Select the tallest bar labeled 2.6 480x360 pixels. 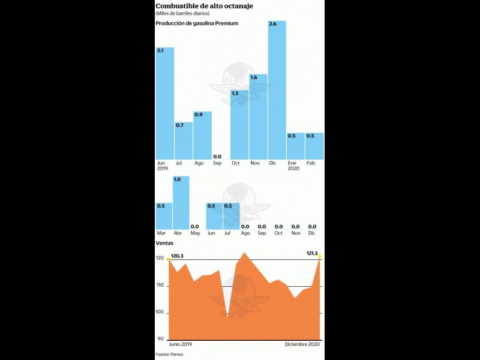tap(277, 90)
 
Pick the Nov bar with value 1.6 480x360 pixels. tap(258, 117)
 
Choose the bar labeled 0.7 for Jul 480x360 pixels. tap(183, 141)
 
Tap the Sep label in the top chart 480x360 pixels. tap(217, 163)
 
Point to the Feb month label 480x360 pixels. tap(311, 163)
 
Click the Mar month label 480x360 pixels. tap(161, 233)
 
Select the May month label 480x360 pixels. tap(194, 233)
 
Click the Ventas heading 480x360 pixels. tap(164, 243)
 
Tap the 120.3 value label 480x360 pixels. tap(178, 256)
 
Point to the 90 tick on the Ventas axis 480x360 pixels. tap(161, 340)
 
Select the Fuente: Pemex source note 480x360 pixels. tap(169, 355)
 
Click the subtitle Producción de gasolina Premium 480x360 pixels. tap(197, 23)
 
